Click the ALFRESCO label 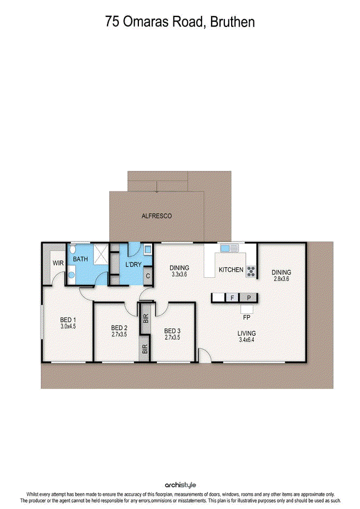pos(156,216)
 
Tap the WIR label pos(58,263)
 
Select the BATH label pos(80,259)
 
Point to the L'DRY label pos(132,264)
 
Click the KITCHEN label pos(231,270)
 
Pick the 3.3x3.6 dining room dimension pos(180,275)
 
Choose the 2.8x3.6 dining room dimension pos(281,279)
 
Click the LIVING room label pos(247,334)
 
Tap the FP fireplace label pos(247,318)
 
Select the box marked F pos(232,298)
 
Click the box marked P pos(248,298)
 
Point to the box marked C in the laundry pos(147,276)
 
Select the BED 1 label pos(68,320)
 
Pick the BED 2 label pos(119,328)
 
